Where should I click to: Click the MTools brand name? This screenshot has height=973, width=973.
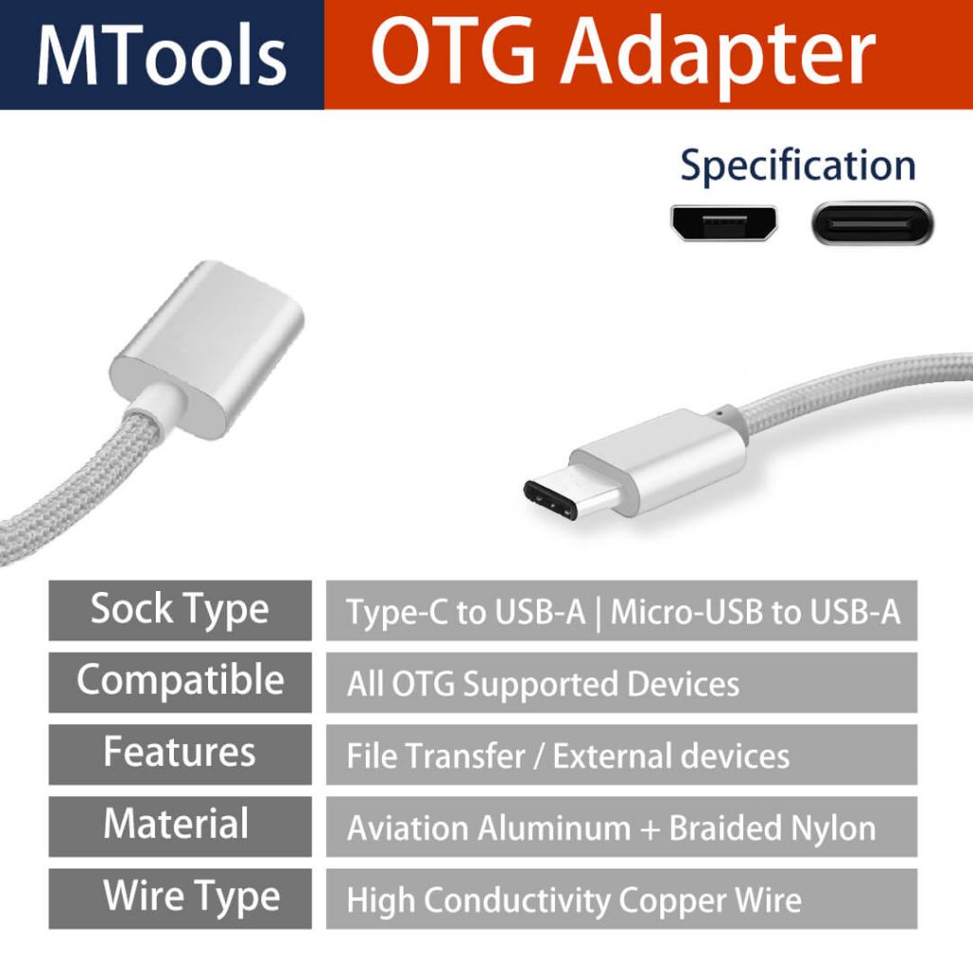[x=162, y=54]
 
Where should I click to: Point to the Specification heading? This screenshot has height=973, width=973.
[x=797, y=165]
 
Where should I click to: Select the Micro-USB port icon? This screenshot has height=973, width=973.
[x=724, y=223]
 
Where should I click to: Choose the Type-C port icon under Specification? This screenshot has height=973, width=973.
[x=872, y=223]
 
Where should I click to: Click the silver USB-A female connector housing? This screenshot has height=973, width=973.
[x=210, y=348]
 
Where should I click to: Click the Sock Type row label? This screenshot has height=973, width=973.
[x=180, y=610]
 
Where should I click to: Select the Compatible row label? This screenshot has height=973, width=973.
[x=180, y=681]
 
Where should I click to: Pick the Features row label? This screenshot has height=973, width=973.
[x=180, y=753]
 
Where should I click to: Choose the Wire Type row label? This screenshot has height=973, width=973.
[x=191, y=896]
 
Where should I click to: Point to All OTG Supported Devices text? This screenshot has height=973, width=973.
[x=543, y=684]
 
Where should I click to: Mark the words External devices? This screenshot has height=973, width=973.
[x=671, y=756]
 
